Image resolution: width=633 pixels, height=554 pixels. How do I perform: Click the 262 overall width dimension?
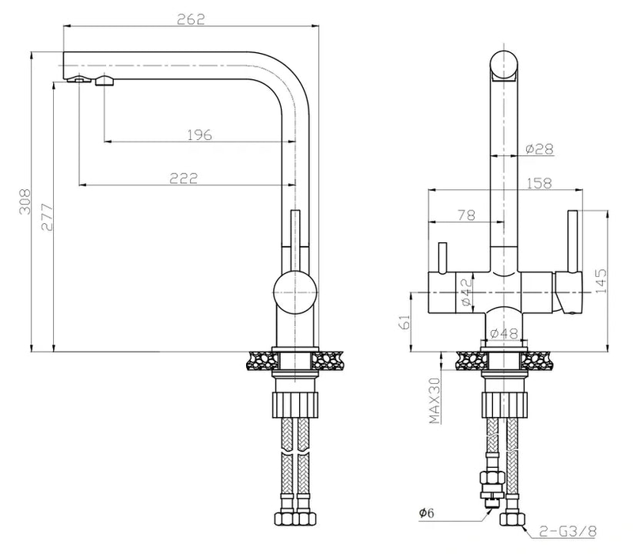[193, 19]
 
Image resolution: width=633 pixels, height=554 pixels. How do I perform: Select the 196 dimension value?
[199, 135]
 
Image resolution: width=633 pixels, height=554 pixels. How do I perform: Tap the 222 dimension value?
[183, 177]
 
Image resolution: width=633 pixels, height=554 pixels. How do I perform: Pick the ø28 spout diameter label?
[538, 148]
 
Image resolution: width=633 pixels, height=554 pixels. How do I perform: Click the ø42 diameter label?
[465, 292]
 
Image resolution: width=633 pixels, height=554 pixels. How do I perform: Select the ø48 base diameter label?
[503, 333]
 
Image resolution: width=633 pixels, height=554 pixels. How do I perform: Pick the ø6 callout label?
[428, 514]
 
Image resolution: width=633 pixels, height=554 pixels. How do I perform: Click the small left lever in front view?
[442, 256]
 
